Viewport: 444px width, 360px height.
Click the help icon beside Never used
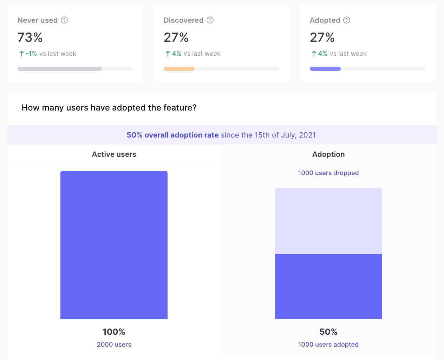[64, 20]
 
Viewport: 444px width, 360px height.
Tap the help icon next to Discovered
[210, 20]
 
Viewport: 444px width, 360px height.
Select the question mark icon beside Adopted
[347, 20]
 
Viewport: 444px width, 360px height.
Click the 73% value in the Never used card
[30, 37]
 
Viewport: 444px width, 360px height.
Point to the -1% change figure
[31, 54]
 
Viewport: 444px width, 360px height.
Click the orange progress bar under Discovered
[179, 69]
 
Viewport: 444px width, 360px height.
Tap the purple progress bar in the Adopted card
[325, 69]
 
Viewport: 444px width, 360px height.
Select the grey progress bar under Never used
[60, 69]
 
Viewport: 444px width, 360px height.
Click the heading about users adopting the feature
[109, 108]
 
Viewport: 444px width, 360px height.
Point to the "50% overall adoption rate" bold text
[172, 135]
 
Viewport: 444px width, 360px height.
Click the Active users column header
[114, 154]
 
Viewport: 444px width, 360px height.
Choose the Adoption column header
[328, 154]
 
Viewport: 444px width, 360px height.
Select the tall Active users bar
[114, 245]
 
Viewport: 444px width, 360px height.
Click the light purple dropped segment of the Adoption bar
[328, 220]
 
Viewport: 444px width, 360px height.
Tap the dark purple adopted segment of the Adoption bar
[328, 286]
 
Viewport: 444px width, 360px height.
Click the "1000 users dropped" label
[328, 173]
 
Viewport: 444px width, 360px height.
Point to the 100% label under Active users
[114, 332]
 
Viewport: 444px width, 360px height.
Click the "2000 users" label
[114, 345]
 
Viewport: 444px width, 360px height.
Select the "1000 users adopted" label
[328, 345]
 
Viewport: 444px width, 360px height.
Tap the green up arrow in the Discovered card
[168, 54]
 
